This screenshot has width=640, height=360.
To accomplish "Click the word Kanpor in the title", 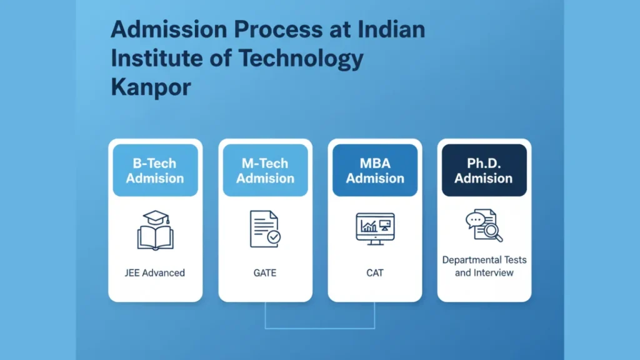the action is tap(151, 87).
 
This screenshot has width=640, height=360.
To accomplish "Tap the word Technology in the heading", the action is tap(301, 59).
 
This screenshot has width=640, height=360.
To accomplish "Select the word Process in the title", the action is tap(278, 29).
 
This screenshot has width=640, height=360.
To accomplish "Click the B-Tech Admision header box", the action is tap(155, 170).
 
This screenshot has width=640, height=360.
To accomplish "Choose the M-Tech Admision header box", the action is tap(265, 170).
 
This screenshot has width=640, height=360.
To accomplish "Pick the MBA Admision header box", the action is tap(375, 170).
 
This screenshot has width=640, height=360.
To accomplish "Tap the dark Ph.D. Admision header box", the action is tap(484, 170).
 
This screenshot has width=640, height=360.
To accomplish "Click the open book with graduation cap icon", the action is tap(155, 230).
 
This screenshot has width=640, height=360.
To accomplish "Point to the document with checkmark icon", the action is tap(265, 229).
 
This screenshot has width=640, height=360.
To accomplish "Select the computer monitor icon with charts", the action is tap(375, 229).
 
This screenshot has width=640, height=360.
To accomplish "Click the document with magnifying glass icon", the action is tap(484, 225).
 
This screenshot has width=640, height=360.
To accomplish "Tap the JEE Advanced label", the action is tap(155, 272).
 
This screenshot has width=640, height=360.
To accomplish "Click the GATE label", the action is tap(265, 272).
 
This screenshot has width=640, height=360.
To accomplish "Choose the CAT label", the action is tap(375, 272).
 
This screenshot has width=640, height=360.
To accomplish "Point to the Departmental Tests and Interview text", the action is tap(484, 266).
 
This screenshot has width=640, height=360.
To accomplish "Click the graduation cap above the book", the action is tap(156, 217).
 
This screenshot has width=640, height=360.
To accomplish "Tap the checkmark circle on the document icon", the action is tap(274, 237).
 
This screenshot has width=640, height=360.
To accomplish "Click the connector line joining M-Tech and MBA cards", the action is tap(320, 327).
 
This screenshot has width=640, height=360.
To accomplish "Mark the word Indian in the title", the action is tap(391, 29).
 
